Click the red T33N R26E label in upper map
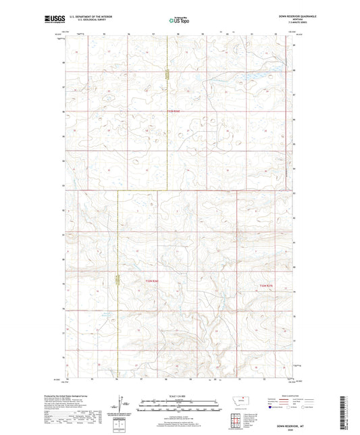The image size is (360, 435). point(174,111)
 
